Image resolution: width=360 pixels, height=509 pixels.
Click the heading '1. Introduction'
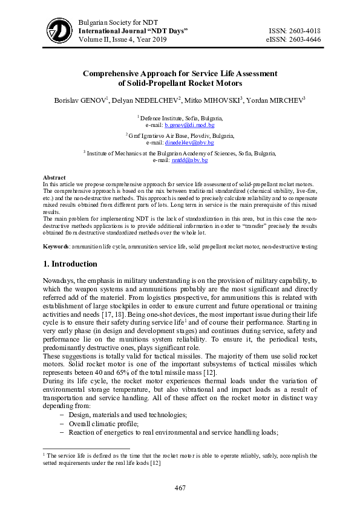(70, 264)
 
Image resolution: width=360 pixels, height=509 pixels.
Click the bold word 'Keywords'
(56, 247)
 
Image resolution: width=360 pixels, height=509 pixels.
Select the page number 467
(180, 488)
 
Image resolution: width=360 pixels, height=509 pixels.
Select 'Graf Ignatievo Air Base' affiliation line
(181, 136)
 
